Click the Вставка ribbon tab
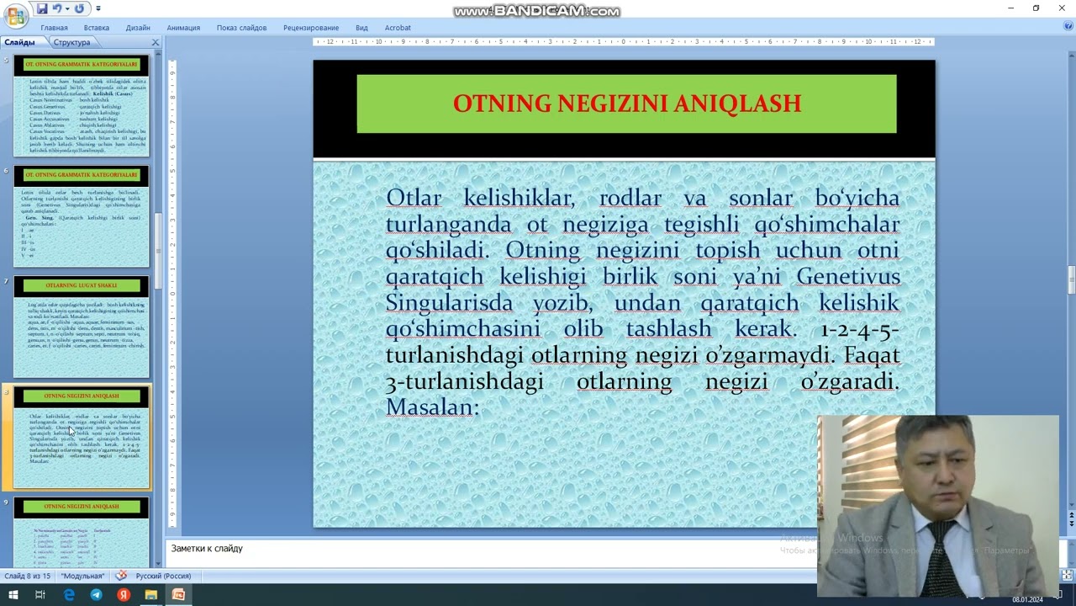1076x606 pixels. click(97, 28)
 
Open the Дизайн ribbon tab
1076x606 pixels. click(138, 28)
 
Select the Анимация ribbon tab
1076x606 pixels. click(183, 28)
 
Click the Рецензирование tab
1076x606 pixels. click(311, 28)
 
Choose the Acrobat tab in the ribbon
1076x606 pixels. click(398, 28)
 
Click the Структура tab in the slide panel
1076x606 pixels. click(71, 42)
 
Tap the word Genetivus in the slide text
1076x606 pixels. click(848, 277)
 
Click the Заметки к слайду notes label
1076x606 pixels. click(207, 549)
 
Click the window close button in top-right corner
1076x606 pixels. click(1060, 8)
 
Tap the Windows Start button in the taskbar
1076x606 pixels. click(13, 595)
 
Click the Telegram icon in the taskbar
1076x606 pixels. click(96, 595)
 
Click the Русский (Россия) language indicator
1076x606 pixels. click(163, 577)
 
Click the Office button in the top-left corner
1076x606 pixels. click(15, 15)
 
